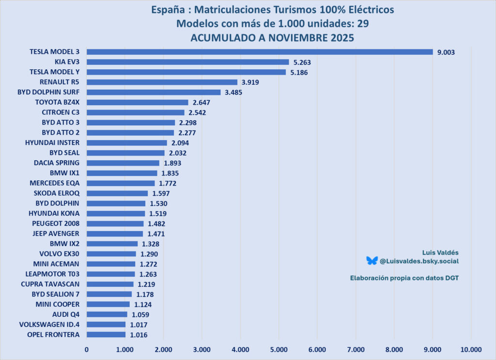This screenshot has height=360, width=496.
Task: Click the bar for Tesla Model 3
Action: click(x=260, y=52)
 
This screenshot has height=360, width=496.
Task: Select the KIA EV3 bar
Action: click(x=187, y=62)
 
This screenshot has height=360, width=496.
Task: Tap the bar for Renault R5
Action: click(x=162, y=82)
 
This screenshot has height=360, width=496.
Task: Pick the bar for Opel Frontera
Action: click(x=106, y=335)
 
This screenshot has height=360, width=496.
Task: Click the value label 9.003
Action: click(x=446, y=52)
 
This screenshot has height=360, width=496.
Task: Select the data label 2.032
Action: click(x=177, y=153)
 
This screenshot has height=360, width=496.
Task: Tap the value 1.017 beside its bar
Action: click(x=139, y=325)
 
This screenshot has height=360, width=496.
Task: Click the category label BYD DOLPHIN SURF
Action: click(x=48, y=92)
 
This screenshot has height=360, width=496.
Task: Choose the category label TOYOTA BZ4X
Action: click(x=57, y=102)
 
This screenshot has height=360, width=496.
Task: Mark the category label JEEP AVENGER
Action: click(x=54, y=234)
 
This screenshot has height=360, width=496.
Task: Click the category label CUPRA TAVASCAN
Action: click(x=50, y=284)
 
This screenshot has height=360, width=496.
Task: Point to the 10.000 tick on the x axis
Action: click(x=471, y=349)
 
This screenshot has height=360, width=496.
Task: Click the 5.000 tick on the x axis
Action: click(x=279, y=349)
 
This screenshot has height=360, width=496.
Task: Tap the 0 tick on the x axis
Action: click(x=87, y=349)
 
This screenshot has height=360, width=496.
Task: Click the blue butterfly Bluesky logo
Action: click(x=372, y=261)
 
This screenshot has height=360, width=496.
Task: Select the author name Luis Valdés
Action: click(x=440, y=252)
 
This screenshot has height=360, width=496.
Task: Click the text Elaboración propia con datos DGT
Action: click(x=404, y=278)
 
